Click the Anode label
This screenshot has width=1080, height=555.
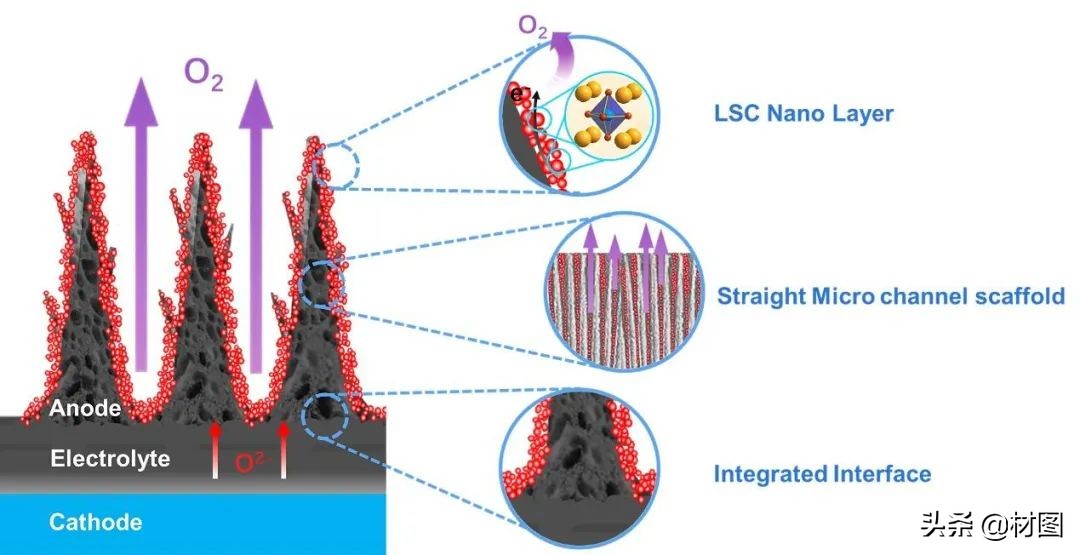[x=85, y=408]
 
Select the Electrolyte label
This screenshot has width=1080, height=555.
[x=110, y=459]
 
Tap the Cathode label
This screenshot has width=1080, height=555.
[x=95, y=522]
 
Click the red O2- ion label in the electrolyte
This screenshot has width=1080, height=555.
[x=250, y=464]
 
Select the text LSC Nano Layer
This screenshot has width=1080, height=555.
[x=803, y=112]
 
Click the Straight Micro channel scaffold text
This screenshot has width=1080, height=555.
[x=890, y=296]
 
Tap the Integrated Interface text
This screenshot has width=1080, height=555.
[x=822, y=474]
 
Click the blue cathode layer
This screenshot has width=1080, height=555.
[x=190, y=525]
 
